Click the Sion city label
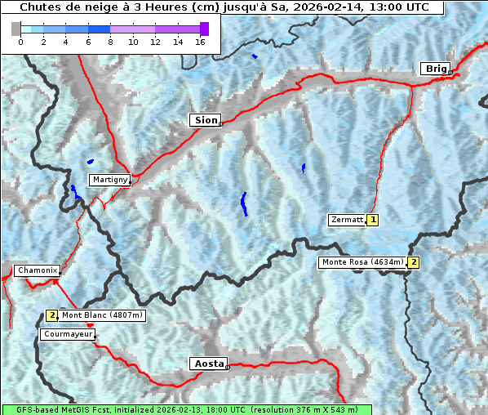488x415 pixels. [x=206, y=120]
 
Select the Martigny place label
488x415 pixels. [x=109, y=180]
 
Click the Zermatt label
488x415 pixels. [x=347, y=220]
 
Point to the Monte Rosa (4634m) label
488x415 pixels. [x=362, y=262]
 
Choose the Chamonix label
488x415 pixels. [x=37, y=270]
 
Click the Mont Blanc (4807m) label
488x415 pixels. [x=102, y=315]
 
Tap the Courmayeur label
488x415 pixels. [x=67, y=334]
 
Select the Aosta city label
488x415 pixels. [x=207, y=364]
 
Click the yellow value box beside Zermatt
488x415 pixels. [x=373, y=220]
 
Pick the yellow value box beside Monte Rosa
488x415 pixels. [x=414, y=262]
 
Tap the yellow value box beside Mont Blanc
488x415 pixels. [x=51, y=315]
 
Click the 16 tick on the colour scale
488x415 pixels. [x=199, y=42]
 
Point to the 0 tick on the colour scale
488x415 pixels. [x=20, y=42]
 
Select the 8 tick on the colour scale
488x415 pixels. [x=110, y=42]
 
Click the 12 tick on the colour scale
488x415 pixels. [x=155, y=42]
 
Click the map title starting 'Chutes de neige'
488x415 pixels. [x=223, y=7]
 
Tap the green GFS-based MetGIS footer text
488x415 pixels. [x=186, y=409]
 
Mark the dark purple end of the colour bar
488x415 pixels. [x=204, y=29]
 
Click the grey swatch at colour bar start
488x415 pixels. [x=16, y=29]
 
